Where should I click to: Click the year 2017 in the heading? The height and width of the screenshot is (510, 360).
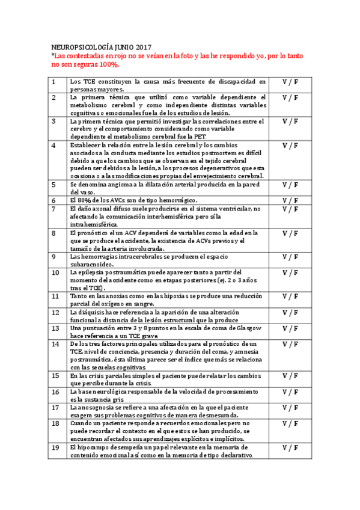pos(143,47)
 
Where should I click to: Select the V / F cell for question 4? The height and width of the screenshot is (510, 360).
pos(290,146)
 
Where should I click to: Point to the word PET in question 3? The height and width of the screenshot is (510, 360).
pos(195,137)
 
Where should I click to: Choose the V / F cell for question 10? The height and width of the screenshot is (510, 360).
pos(290,272)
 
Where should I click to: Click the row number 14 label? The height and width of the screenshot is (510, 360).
pos(55,343)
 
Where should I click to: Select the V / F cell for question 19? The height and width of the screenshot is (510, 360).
pos(290,447)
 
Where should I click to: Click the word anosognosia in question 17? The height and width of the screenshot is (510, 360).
pos(99,407)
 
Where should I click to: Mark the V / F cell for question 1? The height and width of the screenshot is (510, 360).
pos(290,81)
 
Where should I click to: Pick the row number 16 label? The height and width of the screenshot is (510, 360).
pos(55,392)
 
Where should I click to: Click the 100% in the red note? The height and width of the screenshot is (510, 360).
pos(109,64)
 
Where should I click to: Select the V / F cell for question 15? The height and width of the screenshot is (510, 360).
pos(290,375)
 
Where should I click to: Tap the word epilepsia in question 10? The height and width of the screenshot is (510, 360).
pos(91,272)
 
